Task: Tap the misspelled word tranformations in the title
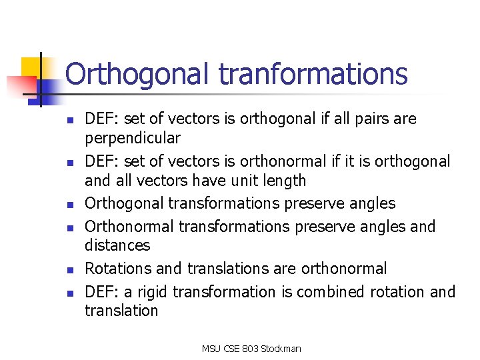(x=313, y=73)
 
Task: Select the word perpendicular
(x=132, y=139)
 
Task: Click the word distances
(x=117, y=245)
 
